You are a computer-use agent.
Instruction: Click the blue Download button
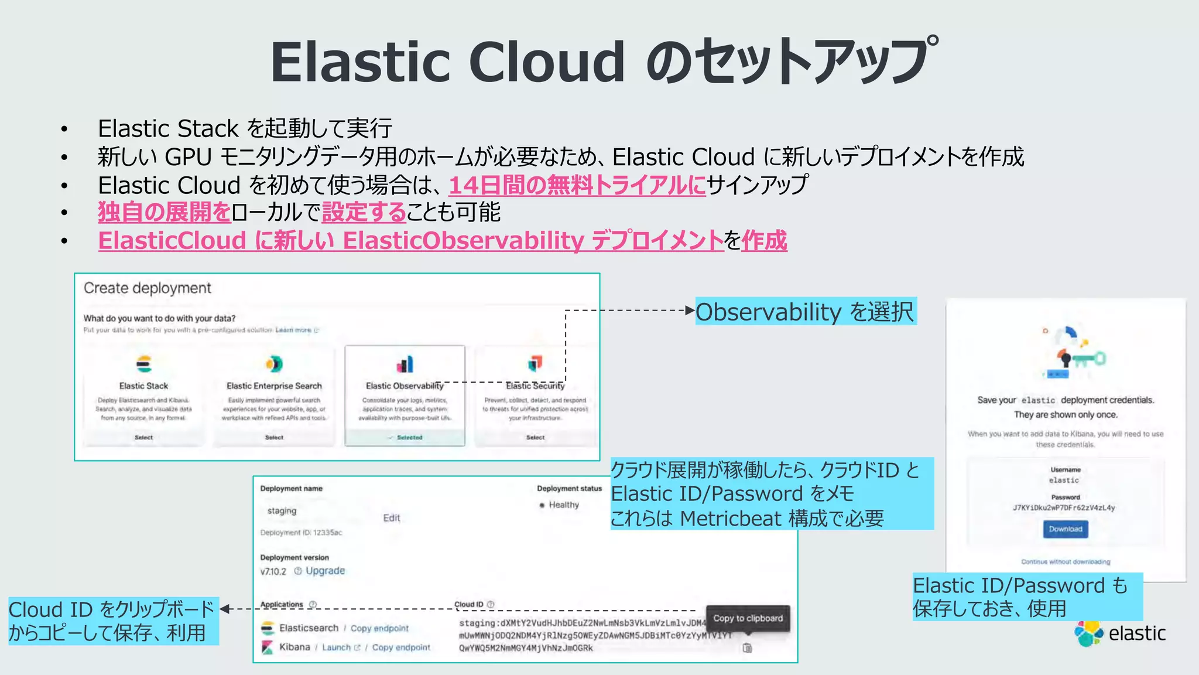click(x=1065, y=529)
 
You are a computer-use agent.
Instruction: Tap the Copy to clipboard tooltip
click(x=748, y=618)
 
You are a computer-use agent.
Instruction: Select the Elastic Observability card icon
click(x=405, y=364)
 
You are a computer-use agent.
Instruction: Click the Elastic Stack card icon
click(x=143, y=364)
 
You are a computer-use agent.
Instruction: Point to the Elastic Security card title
click(x=535, y=386)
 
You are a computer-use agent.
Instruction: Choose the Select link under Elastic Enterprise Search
click(x=274, y=437)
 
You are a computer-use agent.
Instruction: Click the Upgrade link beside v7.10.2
click(x=325, y=571)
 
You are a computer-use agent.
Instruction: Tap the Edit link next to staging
click(x=391, y=518)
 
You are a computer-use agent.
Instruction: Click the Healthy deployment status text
click(x=563, y=504)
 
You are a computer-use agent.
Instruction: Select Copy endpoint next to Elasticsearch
click(x=379, y=628)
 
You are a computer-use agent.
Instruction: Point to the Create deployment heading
click(x=147, y=288)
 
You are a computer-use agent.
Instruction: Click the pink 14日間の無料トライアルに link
click(x=577, y=185)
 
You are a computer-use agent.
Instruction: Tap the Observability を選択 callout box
click(x=805, y=312)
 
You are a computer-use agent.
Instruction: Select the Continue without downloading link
click(x=1065, y=561)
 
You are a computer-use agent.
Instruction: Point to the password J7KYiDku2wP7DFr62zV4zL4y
click(x=1064, y=508)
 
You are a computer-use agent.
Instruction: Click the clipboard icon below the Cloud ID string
click(x=747, y=648)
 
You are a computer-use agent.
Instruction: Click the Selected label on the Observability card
click(x=409, y=437)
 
